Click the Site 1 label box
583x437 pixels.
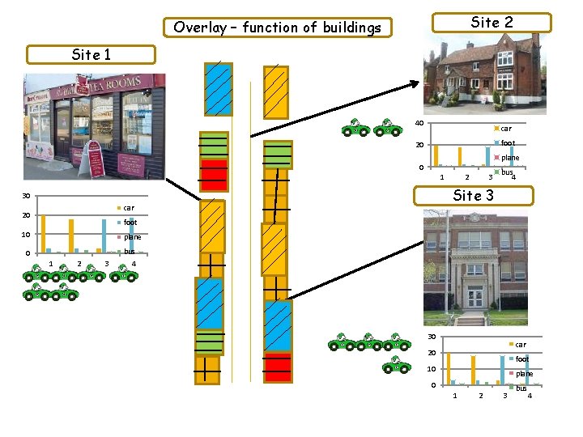(90, 55)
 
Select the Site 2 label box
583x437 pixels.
(492, 22)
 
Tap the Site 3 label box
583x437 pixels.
(473, 195)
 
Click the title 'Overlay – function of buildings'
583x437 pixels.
(277, 28)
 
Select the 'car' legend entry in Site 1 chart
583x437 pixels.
(129, 208)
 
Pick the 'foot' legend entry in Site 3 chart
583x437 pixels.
(522, 359)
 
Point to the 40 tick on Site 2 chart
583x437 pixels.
(419, 123)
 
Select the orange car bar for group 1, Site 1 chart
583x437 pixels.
(43, 233)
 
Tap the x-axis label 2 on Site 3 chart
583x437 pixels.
(479, 395)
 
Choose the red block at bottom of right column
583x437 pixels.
(277, 367)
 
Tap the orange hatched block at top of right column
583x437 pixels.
(276, 91)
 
